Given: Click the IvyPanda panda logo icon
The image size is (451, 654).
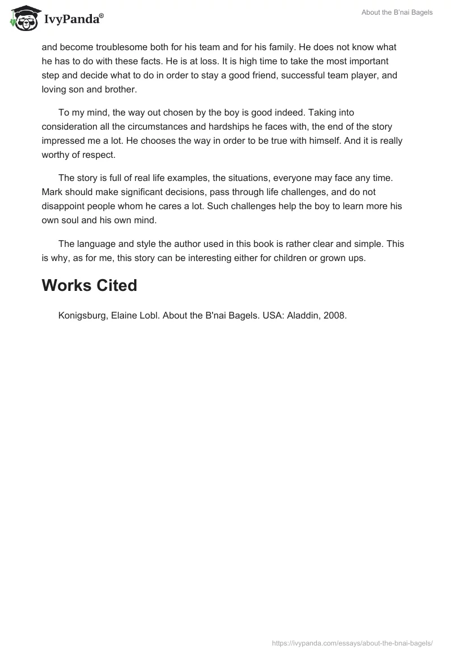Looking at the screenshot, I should [x=23, y=18].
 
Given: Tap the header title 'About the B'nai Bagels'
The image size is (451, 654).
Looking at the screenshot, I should [x=397, y=12].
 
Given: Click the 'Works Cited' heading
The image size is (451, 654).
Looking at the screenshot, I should [x=89, y=285].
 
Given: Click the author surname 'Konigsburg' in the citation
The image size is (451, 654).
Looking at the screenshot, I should [x=82, y=316].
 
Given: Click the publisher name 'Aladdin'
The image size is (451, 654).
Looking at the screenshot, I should [x=304, y=316].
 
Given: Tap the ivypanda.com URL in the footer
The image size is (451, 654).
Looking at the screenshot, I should [x=352, y=643].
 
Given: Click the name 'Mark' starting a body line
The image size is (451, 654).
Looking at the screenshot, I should [x=52, y=192].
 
